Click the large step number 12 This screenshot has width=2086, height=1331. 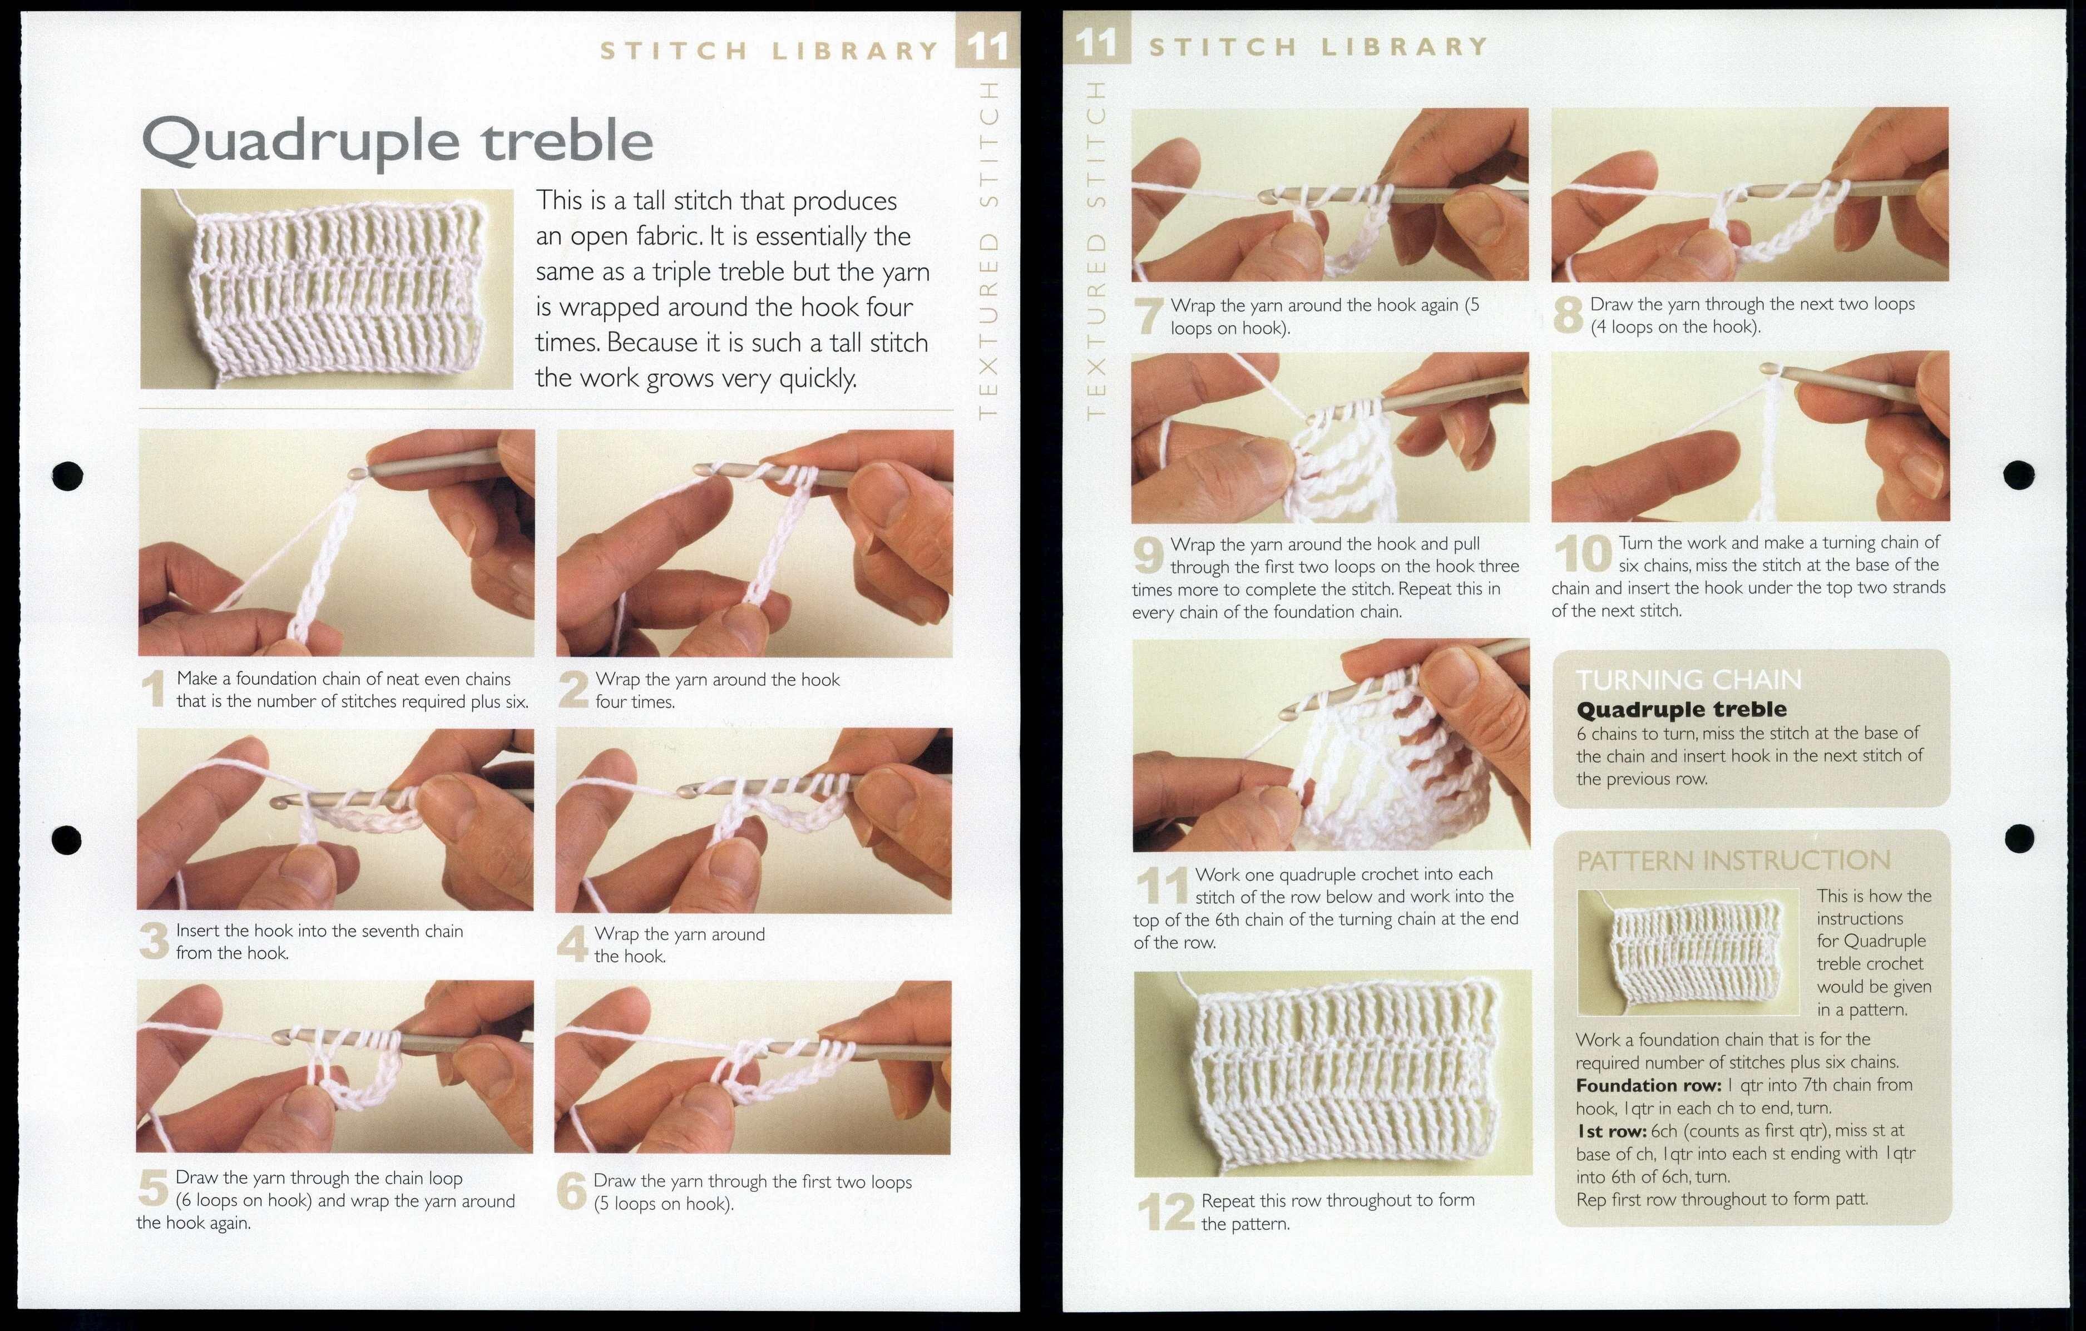(x=1166, y=1211)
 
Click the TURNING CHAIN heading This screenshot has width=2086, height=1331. (x=1688, y=680)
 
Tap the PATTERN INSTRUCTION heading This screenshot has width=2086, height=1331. (x=1733, y=860)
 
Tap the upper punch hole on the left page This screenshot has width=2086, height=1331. (x=67, y=474)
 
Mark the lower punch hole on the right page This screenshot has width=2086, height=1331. (x=2019, y=838)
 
